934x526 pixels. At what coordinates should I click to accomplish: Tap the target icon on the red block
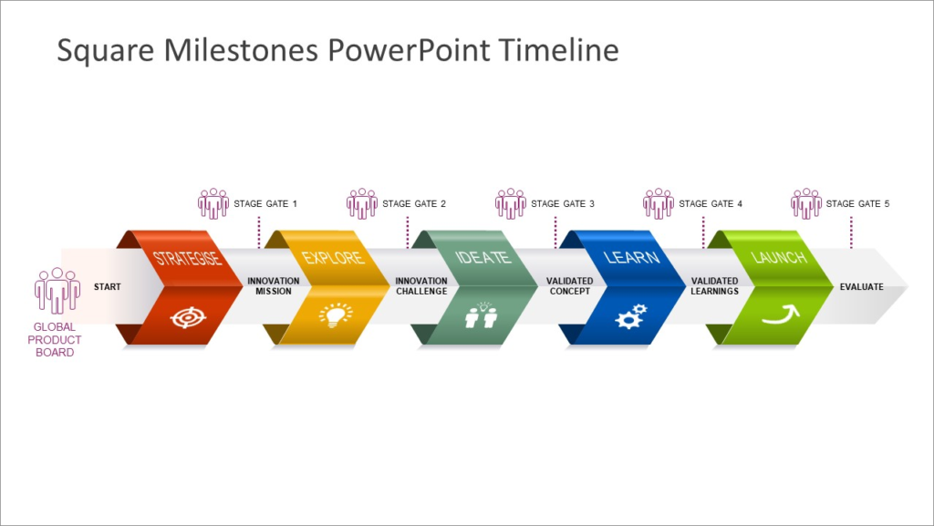pyautogui.click(x=188, y=317)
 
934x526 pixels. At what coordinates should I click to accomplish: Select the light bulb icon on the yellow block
pyautogui.click(x=335, y=315)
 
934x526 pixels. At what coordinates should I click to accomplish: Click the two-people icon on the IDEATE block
pyautogui.click(x=481, y=315)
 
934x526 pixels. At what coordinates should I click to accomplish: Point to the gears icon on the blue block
pyautogui.click(x=630, y=315)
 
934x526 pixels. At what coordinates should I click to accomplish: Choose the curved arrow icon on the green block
pyautogui.click(x=779, y=315)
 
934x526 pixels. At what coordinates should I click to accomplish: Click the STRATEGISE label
pyautogui.click(x=187, y=258)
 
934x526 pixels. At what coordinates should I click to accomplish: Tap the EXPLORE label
pyautogui.click(x=334, y=258)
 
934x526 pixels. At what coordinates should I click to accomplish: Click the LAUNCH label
pyautogui.click(x=779, y=258)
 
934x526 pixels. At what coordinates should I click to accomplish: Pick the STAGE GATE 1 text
pyautogui.click(x=265, y=204)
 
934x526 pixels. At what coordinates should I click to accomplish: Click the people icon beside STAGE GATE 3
pyautogui.click(x=510, y=203)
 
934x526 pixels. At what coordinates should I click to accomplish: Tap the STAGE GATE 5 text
pyautogui.click(x=857, y=204)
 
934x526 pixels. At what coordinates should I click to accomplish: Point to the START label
pyautogui.click(x=107, y=287)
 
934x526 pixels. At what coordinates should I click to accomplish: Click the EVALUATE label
pyautogui.click(x=861, y=287)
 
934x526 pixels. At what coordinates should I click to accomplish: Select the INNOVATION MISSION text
pyautogui.click(x=273, y=286)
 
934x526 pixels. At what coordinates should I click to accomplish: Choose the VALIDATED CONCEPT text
pyautogui.click(x=570, y=286)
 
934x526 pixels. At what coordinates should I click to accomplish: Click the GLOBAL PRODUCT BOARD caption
pyautogui.click(x=56, y=339)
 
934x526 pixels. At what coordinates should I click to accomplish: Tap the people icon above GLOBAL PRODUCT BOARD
pyautogui.click(x=57, y=291)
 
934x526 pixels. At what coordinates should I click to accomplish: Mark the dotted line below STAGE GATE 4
pyautogui.click(x=703, y=232)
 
